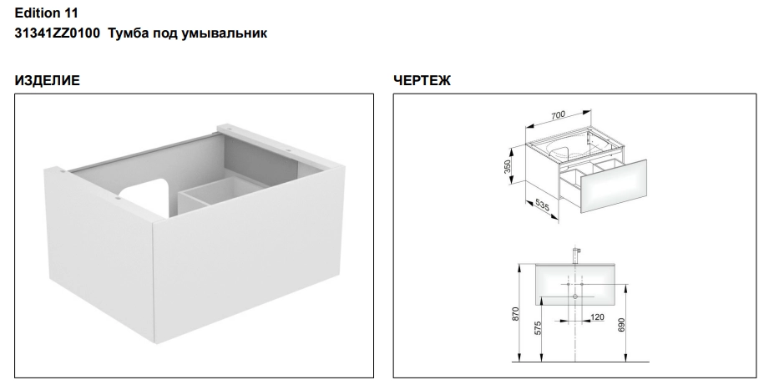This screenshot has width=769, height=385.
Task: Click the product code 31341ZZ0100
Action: click(x=58, y=33)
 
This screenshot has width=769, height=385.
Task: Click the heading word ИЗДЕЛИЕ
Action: click(x=47, y=80)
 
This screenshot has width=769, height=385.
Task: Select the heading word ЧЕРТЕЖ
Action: click(x=422, y=80)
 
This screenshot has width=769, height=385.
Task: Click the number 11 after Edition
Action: click(x=72, y=13)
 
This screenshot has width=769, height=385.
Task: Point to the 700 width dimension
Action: click(x=558, y=115)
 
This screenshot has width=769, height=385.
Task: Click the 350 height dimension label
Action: click(x=508, y=166)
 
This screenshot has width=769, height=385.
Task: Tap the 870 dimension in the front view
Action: click(x=515, y=314)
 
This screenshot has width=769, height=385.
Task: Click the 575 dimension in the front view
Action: click(x=538, y=328)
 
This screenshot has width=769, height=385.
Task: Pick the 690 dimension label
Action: click(x=622, y=325)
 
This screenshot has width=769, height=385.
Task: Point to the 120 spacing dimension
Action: click(x=597, y=317)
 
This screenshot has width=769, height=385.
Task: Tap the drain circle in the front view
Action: click(x=574, y=296)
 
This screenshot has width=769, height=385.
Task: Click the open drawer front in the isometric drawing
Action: click(x=613, y=186)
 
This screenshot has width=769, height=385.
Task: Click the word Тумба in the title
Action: click(x=127, y=33)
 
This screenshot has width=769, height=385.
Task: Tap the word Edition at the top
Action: click(x=38, y=13)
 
